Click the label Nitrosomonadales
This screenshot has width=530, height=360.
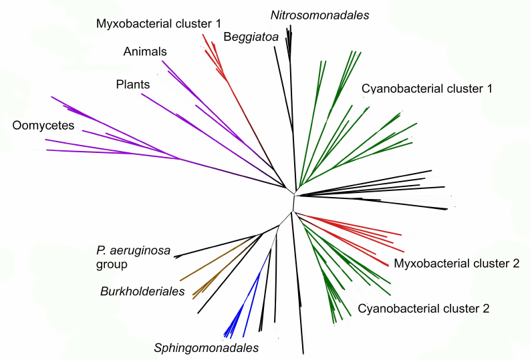[320, 15]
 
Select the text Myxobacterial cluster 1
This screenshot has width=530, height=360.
[158, 23]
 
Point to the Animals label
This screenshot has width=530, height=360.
[145, 51]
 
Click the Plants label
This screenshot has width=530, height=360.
[132, 85]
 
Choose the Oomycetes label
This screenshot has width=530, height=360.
[43, 126]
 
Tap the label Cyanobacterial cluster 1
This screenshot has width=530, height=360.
[426, 88]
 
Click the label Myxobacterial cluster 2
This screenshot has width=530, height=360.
[456, 263]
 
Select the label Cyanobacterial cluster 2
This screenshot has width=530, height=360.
[424, 309]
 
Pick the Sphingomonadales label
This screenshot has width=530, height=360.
[206, 347]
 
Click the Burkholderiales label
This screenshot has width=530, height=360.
[142, 291]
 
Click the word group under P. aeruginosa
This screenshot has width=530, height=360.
[111, 264]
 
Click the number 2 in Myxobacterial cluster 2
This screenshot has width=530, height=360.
[515, 263]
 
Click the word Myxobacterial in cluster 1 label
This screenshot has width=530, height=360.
[132, 23]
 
